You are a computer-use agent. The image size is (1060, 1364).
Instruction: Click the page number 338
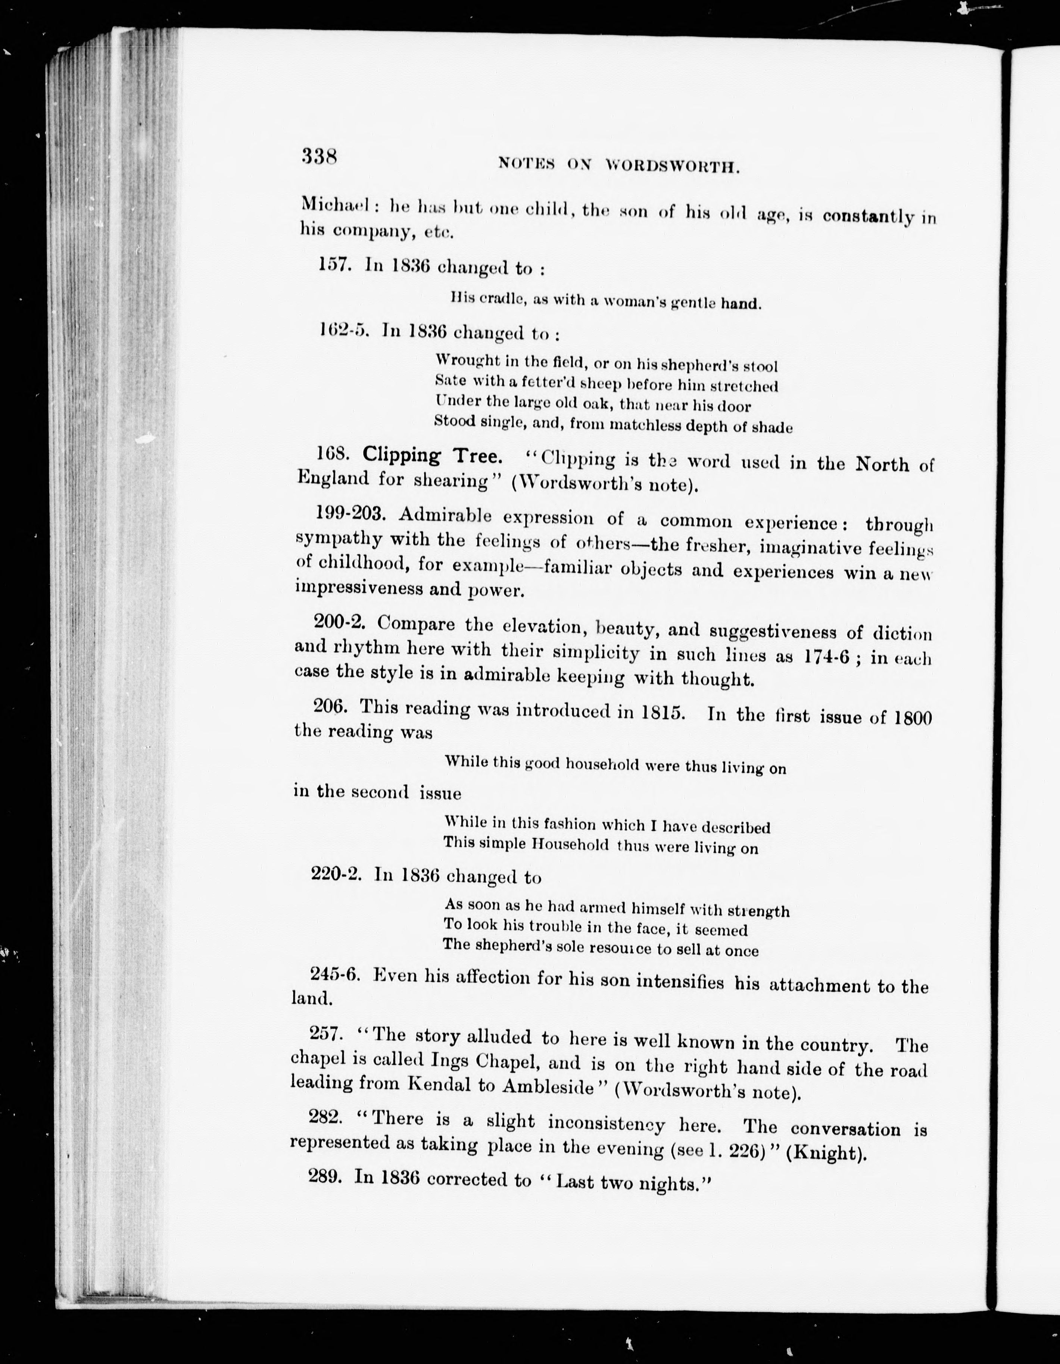coord(319,156)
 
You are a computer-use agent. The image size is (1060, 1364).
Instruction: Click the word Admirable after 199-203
coord(445,516)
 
